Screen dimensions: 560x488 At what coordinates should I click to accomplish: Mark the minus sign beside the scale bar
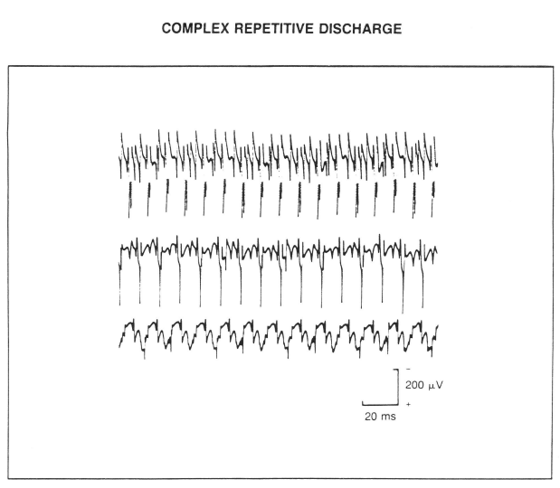(x=408, y=369)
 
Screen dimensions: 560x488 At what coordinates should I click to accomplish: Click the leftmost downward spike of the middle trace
(x=120, y=289)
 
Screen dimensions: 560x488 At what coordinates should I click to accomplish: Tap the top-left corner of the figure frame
(x=10, y=65)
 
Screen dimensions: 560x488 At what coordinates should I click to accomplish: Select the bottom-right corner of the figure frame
(x=551, y=478)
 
